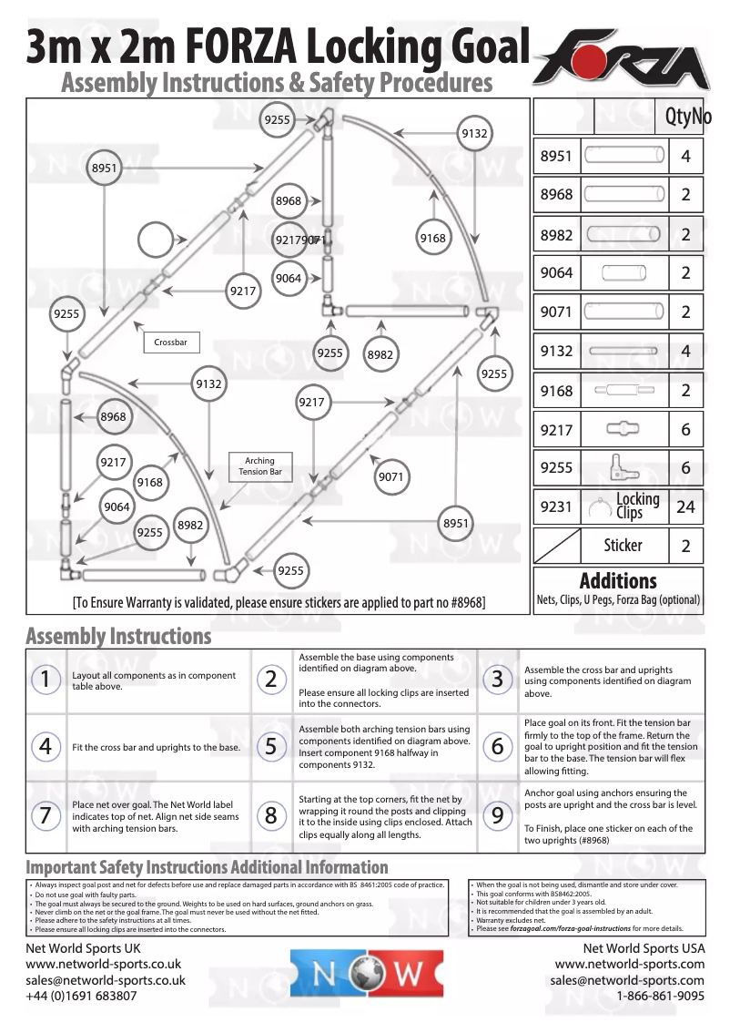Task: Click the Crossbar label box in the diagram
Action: tap(171, 343)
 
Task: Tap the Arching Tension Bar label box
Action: tap(259, 466)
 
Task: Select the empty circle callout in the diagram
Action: tap(160, 242)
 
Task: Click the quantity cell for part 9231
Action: tap(685, 507)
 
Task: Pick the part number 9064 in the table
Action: tap(556, 273)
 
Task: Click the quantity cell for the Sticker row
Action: tap(685, 546)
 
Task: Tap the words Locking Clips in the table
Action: tap(637, 506)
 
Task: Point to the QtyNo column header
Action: tap(687, 117)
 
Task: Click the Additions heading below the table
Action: tap(618, 580)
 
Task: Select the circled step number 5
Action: tap(271, 747)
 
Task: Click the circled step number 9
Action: tap(497, 815)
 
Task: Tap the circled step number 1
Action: tap(45, 679)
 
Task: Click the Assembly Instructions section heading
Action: tap(118, 636)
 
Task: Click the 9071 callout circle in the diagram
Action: tap(390, 476)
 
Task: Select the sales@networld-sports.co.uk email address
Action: tap(106, 980)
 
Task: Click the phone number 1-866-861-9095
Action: tap(660, 997)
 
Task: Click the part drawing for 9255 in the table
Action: tap(624, 468)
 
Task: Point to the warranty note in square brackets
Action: tap(279, 602)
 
